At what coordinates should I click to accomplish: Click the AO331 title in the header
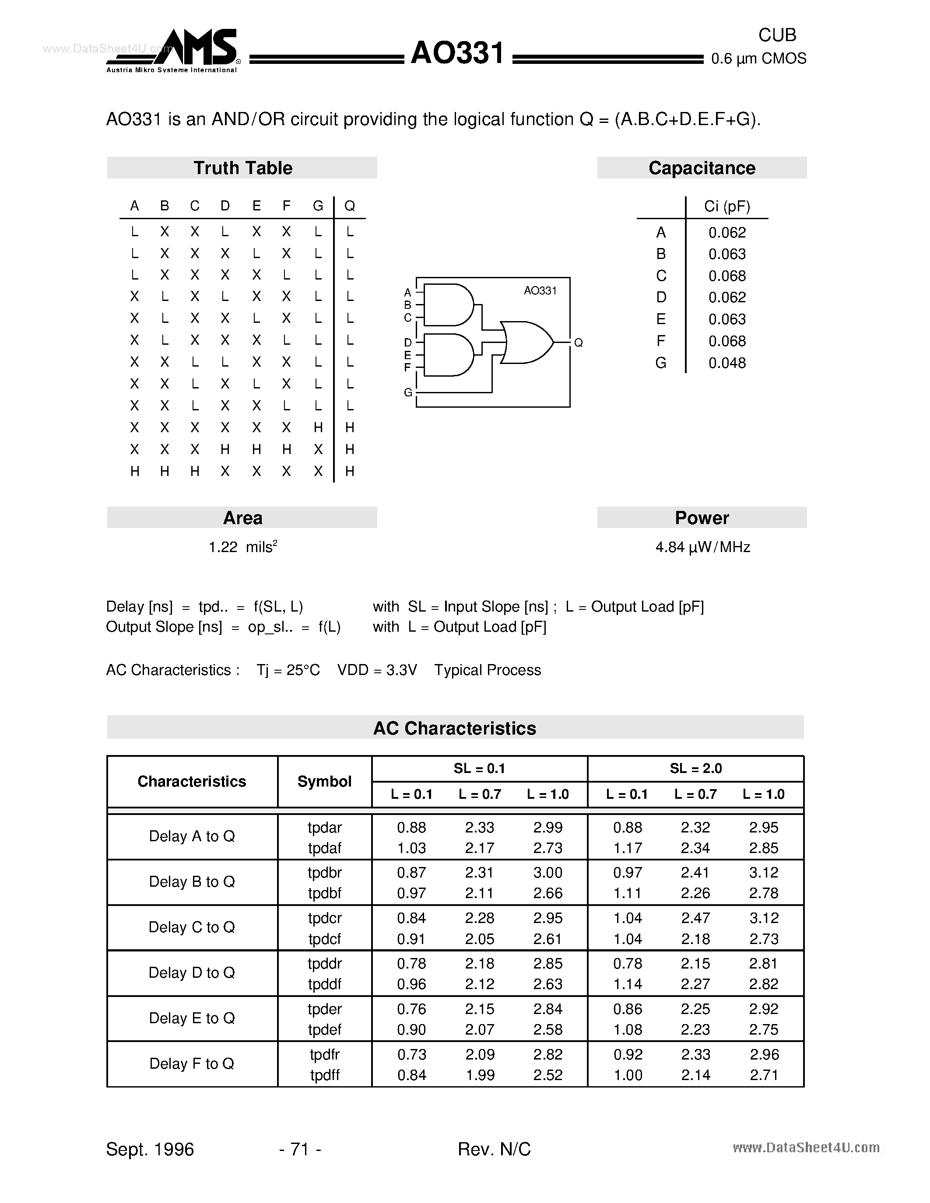[x=457, y=54]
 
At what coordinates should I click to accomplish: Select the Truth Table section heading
[x=242, y=168]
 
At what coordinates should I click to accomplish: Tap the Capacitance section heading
[x=702, y=168]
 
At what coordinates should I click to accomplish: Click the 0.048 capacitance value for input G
[x=726, y=363]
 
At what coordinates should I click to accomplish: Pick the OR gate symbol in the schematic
[x=526, y=343]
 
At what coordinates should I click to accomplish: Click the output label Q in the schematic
[x=578, y=343]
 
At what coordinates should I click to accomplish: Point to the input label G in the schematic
[x=408, y=392]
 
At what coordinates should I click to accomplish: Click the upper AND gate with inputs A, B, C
[x=448, y=304]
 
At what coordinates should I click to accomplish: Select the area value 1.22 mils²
[x=242, y=547]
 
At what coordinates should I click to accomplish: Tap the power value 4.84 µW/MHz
[x=702, y=547]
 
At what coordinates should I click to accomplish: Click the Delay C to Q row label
[x=192, y=927]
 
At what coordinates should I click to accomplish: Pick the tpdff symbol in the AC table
[x=324, y=1075]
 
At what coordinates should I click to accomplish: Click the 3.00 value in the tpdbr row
[x=547, y=873]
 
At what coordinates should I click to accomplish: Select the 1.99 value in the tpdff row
[x=480, y=1075]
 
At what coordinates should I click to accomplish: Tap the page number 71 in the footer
[x=300, y=1149]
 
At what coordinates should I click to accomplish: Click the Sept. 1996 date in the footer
[x=150, y=1149]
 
